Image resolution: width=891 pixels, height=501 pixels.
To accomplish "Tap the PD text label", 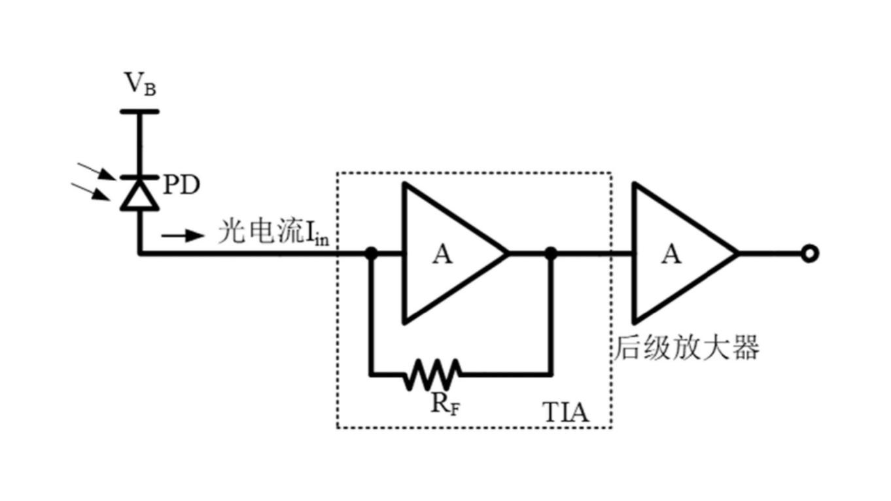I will coord(181,186).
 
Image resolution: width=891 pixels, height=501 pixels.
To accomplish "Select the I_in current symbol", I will coord(319,235).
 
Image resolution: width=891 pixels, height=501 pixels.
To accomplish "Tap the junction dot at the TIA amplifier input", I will coord(371,253).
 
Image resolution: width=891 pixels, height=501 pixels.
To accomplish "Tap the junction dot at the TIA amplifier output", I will coord(551,253).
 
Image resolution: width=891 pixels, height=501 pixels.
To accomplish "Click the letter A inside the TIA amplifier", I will coord(442,254).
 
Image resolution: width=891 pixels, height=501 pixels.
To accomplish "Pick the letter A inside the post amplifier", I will coord(671,254).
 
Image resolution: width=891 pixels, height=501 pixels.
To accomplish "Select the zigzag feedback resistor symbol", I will coord(432,374).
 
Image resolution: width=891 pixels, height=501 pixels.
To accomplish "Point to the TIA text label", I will coord(566,413).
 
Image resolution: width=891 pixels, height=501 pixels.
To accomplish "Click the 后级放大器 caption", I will coord(686,348).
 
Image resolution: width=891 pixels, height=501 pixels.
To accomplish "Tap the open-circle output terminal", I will coord(809,254).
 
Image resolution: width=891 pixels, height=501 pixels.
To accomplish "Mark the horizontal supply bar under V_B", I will coord(139,111).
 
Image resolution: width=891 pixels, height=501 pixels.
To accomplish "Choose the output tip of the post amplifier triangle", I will coord(737,254).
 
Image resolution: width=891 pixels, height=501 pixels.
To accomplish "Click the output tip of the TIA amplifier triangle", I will coord(506,254).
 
